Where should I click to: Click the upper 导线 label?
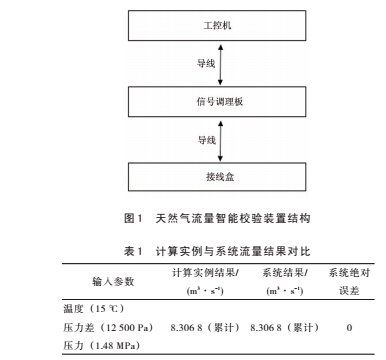174,62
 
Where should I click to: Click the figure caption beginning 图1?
192,217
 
